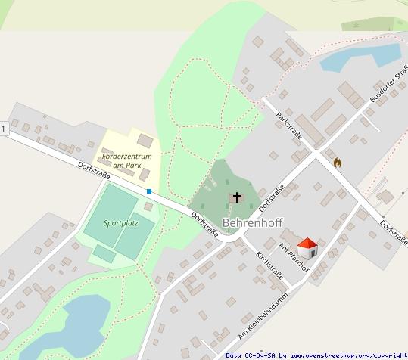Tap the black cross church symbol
(x=237, y=197)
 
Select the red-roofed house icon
(x=307, y=247)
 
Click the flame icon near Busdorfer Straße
(x=337, y=161)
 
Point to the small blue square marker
(x=149, y=191)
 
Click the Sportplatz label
(x=121, y=224)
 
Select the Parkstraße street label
(x=290, y=127)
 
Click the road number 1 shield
(x=4, y=130)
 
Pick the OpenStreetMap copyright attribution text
(x=316, y=355)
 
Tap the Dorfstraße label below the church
(x=204, y=225)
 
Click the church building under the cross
(x=237, y=200)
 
